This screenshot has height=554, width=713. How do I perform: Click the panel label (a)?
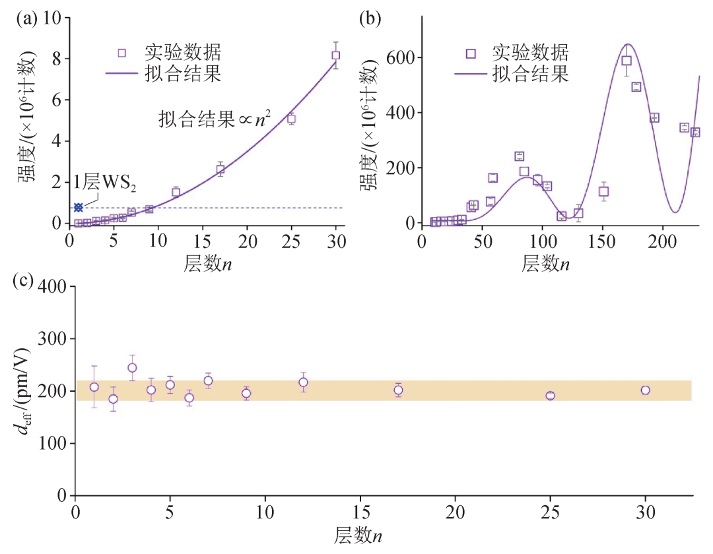27,19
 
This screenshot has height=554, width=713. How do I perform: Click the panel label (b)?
370,19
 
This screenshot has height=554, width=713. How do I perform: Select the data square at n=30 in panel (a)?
335,55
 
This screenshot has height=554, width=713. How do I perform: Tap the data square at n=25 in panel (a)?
290,119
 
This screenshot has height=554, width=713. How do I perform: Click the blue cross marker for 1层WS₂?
78,208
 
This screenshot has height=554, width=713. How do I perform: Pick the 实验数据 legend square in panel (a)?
121,53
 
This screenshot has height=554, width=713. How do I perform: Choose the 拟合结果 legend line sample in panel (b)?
470,73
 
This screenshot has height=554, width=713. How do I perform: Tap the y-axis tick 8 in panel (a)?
57,59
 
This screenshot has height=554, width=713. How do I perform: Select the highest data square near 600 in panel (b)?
627,61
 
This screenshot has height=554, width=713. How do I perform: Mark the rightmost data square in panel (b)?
695,133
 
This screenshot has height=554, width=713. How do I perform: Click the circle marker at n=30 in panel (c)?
645,390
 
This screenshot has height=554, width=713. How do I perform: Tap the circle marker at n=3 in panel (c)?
132,368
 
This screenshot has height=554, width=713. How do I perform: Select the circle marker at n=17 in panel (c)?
398,390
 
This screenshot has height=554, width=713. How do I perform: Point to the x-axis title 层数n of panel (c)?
358,534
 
